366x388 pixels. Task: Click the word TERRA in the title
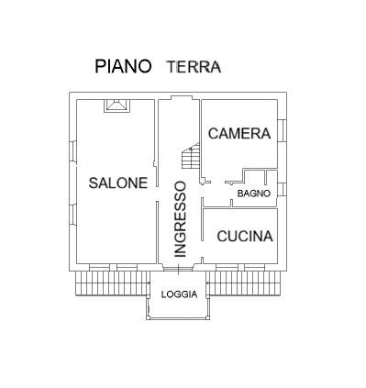point(194,67)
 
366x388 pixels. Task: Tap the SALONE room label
point(117,183)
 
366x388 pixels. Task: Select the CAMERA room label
point(239,134)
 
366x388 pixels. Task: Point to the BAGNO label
point(253,194)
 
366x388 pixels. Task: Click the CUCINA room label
point(245,236)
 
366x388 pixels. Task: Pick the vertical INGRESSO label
point(181,218)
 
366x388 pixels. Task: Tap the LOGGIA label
point(179,294)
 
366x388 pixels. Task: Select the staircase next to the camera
point(191,160)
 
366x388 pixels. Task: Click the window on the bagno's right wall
point(283,189)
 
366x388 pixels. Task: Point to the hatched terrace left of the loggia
point(110,285)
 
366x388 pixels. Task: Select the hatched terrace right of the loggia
point(245,285)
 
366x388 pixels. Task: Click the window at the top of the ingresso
point(179,96)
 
